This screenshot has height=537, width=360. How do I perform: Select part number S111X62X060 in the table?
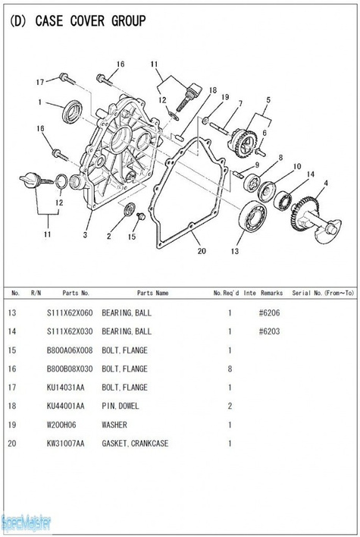point(70,312)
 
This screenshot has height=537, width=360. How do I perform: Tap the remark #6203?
point(269,331)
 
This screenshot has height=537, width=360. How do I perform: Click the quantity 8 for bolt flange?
point(230,369)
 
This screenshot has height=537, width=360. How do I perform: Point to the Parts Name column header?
point(152,293)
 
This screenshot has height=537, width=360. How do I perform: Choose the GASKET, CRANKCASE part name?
point(135,443)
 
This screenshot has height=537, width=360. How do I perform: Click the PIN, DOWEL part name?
point(120,406)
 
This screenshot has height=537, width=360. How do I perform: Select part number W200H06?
point(61,425)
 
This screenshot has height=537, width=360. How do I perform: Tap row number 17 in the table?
point(12,388)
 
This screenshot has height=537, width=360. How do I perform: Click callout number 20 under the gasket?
point(202,251)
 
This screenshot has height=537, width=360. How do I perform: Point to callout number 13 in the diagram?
point(234,251)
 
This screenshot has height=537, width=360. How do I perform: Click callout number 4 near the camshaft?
point(326,184)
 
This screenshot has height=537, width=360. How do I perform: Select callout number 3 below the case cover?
point(85,234)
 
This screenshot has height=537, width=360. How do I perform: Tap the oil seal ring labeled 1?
point(72,111)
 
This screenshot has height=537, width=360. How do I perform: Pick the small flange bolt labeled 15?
point(140,216)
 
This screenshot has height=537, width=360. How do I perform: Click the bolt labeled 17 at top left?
point(67,78)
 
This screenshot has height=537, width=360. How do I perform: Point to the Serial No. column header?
point(322,293)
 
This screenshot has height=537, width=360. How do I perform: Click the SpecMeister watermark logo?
point(26,523)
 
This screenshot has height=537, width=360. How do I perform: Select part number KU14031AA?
point(65,388)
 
